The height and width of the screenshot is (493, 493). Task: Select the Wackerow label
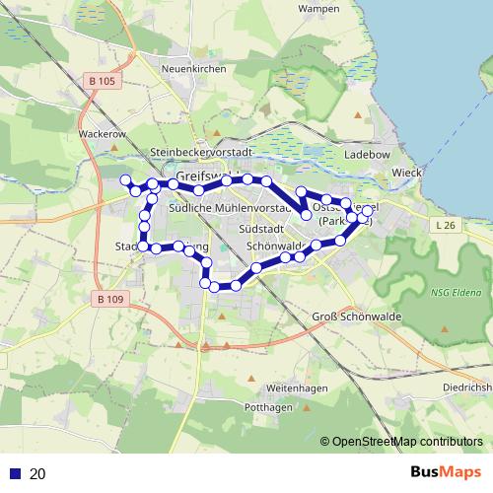click(x=102, y=131)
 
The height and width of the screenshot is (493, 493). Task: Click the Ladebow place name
click(x=367, y=156)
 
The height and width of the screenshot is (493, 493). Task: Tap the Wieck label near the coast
click(x=406, y=173)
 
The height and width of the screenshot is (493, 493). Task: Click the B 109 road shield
click(x=113, y=298)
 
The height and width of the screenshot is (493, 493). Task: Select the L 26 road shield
click(x=445, y=226)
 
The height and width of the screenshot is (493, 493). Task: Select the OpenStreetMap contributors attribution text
click(x=408, y=442)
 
